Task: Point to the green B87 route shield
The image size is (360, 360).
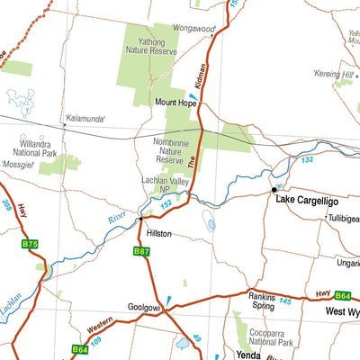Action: click(141, 252)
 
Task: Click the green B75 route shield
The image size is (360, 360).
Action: click(30, 244)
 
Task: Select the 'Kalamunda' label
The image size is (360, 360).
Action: click(83, 118)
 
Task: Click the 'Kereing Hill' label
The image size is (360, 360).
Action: click(333, 73)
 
